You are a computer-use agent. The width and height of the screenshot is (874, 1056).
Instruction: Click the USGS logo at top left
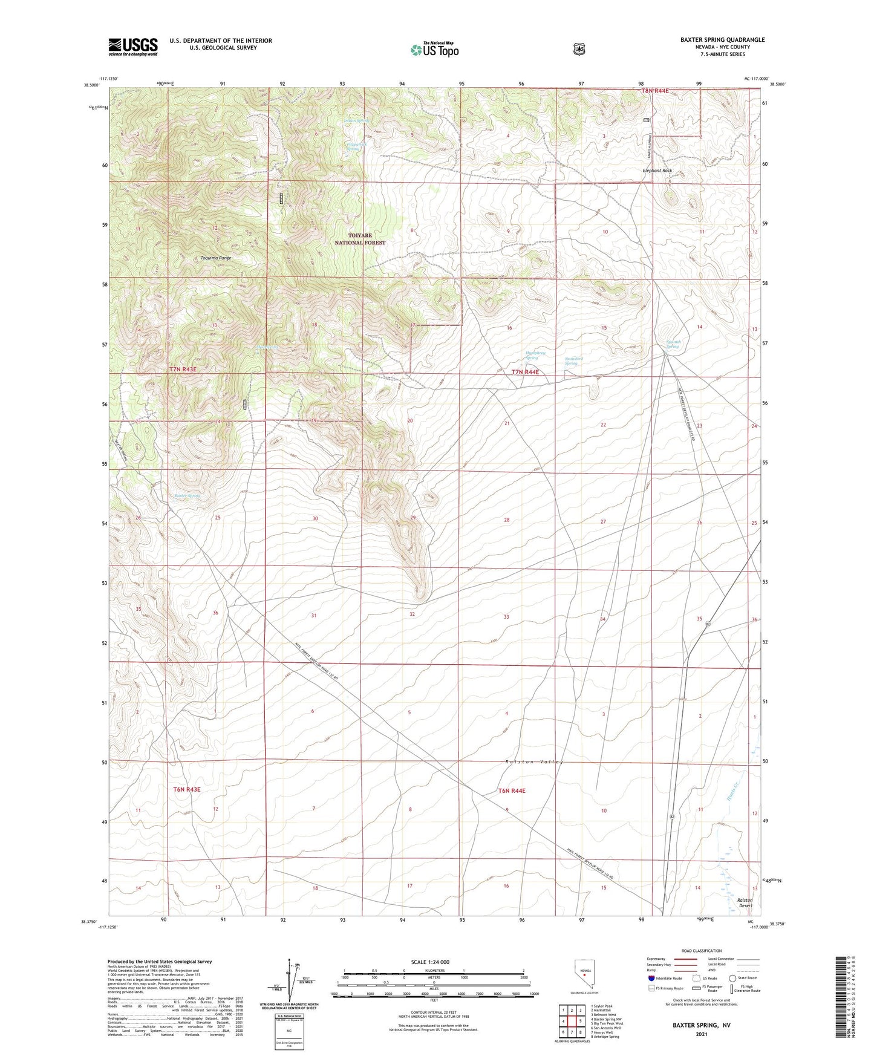tap(133, 47)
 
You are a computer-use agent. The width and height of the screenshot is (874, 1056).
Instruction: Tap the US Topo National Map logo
tap(434, 49)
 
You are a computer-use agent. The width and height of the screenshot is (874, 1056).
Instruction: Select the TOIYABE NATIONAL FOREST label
tap(360, 239)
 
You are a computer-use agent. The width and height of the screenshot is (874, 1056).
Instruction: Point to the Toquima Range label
tap(216, 258)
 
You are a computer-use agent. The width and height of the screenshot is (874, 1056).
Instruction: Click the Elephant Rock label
tap(657, 171)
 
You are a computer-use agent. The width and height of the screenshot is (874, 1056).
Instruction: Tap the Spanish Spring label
tap(673, 344)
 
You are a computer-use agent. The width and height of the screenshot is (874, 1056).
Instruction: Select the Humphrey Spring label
tap(535, 355)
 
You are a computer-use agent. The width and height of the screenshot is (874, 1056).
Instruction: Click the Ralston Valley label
tap(534, 762)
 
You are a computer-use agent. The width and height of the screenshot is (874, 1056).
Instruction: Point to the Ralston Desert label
tap(745, 902)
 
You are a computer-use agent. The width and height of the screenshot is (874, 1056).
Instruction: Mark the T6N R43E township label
tap(186, 789)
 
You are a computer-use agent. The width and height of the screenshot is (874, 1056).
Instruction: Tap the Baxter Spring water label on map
tap(187, 496)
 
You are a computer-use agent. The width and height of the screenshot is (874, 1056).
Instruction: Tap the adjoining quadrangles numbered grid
tap(572, 1021)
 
